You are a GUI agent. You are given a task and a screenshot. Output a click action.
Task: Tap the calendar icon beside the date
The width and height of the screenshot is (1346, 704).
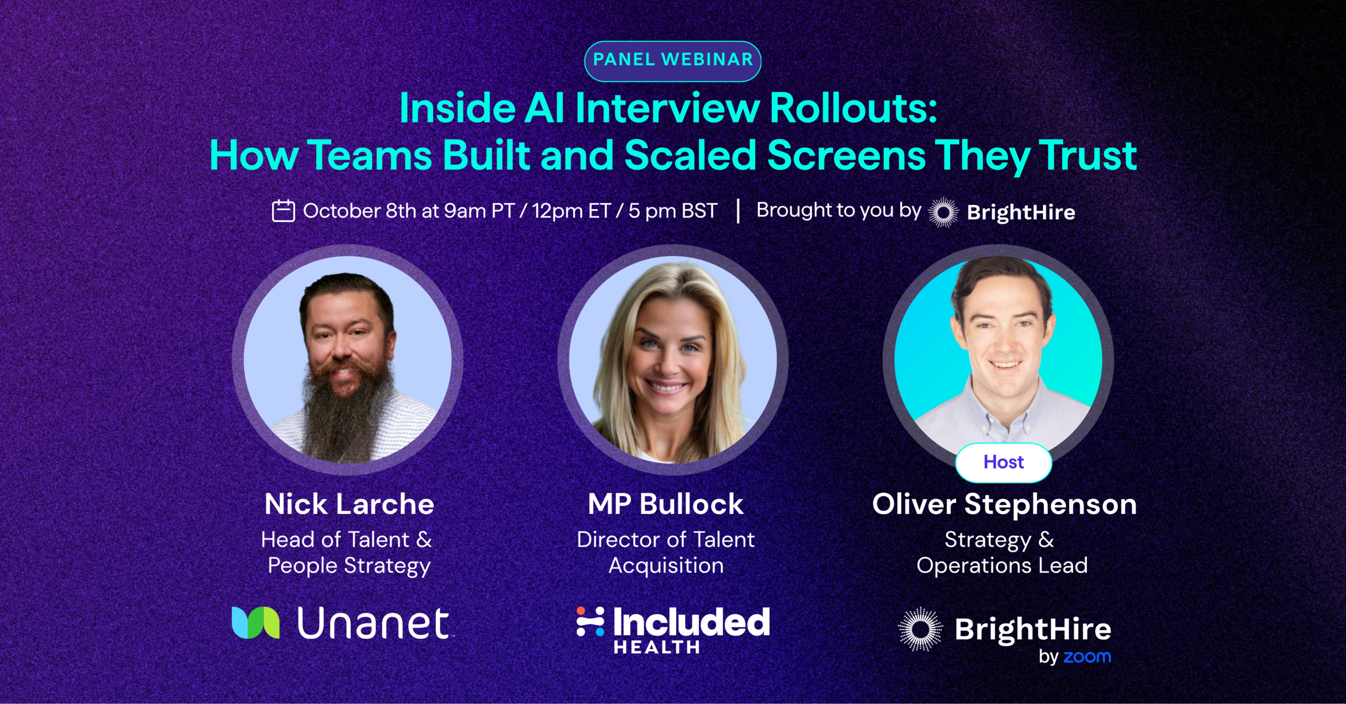283,211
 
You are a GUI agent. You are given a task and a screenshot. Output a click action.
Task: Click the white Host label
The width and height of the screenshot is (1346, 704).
1004,462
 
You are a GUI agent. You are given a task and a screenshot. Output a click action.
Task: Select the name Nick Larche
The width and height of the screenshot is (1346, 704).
349,504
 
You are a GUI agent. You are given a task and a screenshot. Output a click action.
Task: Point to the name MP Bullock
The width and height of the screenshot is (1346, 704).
666,504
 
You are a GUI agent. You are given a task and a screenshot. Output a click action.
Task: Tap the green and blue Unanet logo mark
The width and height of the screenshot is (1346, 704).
256,623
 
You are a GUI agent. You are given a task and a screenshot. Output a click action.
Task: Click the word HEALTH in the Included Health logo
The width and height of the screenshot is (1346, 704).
657,647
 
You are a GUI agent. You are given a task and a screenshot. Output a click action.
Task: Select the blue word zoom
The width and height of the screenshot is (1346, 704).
1087,657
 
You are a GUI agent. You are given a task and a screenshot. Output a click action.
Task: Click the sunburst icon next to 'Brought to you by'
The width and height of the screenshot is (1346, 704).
944,212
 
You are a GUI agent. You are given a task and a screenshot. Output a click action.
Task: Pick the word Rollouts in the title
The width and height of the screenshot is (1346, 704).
853,108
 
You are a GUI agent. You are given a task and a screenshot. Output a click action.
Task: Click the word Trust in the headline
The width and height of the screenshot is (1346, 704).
1088,156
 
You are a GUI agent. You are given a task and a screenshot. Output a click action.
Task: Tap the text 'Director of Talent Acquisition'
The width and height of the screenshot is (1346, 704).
666,553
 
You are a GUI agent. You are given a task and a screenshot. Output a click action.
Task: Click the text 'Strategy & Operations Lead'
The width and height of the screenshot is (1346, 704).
1002,553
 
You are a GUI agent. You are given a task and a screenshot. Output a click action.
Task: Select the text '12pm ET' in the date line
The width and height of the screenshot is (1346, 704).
571,211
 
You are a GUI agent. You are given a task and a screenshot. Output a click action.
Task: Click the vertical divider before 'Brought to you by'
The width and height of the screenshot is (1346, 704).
738,211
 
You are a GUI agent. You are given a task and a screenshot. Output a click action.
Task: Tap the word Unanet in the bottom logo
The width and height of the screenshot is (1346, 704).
373,624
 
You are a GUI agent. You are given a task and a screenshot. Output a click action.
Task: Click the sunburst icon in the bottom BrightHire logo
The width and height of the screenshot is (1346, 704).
920,629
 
